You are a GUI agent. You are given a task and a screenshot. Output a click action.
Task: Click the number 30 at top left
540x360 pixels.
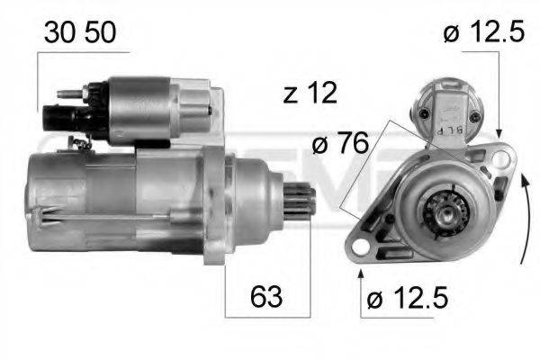coord(60,33)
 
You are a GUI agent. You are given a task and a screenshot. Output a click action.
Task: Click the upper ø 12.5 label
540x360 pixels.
coord(483,33)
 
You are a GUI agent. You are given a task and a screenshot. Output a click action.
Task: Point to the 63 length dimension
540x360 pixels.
coord(265,295)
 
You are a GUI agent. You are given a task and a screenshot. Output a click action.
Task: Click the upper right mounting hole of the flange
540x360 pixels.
coord(501,159)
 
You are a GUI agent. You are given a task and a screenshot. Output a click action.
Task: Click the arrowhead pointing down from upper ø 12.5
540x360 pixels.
coord(501,133)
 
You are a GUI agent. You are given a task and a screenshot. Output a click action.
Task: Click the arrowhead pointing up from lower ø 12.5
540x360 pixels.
coord(361,270)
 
